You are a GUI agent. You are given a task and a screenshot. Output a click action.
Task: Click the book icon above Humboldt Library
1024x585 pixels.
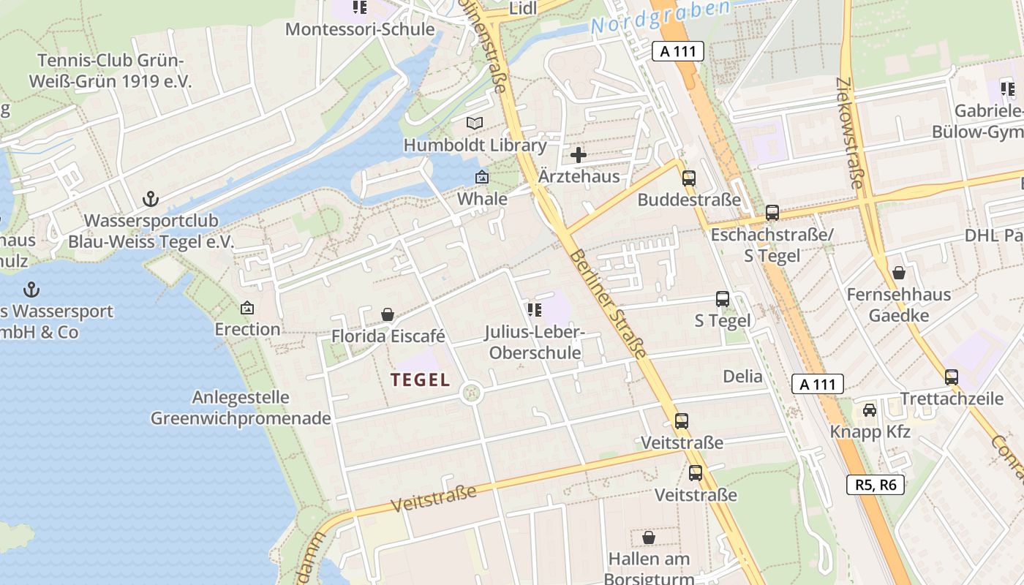[x=475, y=123]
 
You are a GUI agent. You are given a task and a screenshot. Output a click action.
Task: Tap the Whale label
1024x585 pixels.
[x=482, y=199]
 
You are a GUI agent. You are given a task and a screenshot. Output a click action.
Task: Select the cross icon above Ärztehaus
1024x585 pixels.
[x=579, y=155]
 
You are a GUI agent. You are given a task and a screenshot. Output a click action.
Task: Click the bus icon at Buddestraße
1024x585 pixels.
[x=688, y=178]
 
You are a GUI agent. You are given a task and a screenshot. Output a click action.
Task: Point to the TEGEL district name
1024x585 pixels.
[x=421, y=380]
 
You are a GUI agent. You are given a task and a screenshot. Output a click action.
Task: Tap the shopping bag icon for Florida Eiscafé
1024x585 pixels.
[x=388, y=314]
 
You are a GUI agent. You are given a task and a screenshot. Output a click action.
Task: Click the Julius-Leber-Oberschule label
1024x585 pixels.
[x=535, y=343]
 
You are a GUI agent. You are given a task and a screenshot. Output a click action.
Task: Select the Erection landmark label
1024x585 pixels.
[x=247, y=329]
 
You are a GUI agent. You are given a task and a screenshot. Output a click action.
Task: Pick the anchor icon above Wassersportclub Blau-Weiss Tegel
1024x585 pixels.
[x=150, y=198]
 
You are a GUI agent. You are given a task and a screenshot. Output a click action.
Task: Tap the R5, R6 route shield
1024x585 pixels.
[x=876, y=484]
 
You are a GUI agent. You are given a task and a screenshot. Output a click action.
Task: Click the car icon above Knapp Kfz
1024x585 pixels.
[x=870, y=409]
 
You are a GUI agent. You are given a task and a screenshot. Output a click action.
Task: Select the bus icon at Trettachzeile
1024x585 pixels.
[x=951, y=377]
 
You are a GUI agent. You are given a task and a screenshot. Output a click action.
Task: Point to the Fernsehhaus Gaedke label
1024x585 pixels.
[x=899, y=305]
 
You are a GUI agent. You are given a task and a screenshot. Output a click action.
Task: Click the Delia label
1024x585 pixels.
[x=742, y=377]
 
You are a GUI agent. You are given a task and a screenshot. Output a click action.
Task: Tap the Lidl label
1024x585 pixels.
[x=522, y=8]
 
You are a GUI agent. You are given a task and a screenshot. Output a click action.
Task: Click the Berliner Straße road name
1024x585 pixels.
[x=609, y=305]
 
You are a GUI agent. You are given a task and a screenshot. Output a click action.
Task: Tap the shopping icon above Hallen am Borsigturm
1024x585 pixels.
[x=648, y=538]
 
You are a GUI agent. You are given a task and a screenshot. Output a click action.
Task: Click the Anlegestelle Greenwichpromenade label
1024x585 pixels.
[x=241, y=408]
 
